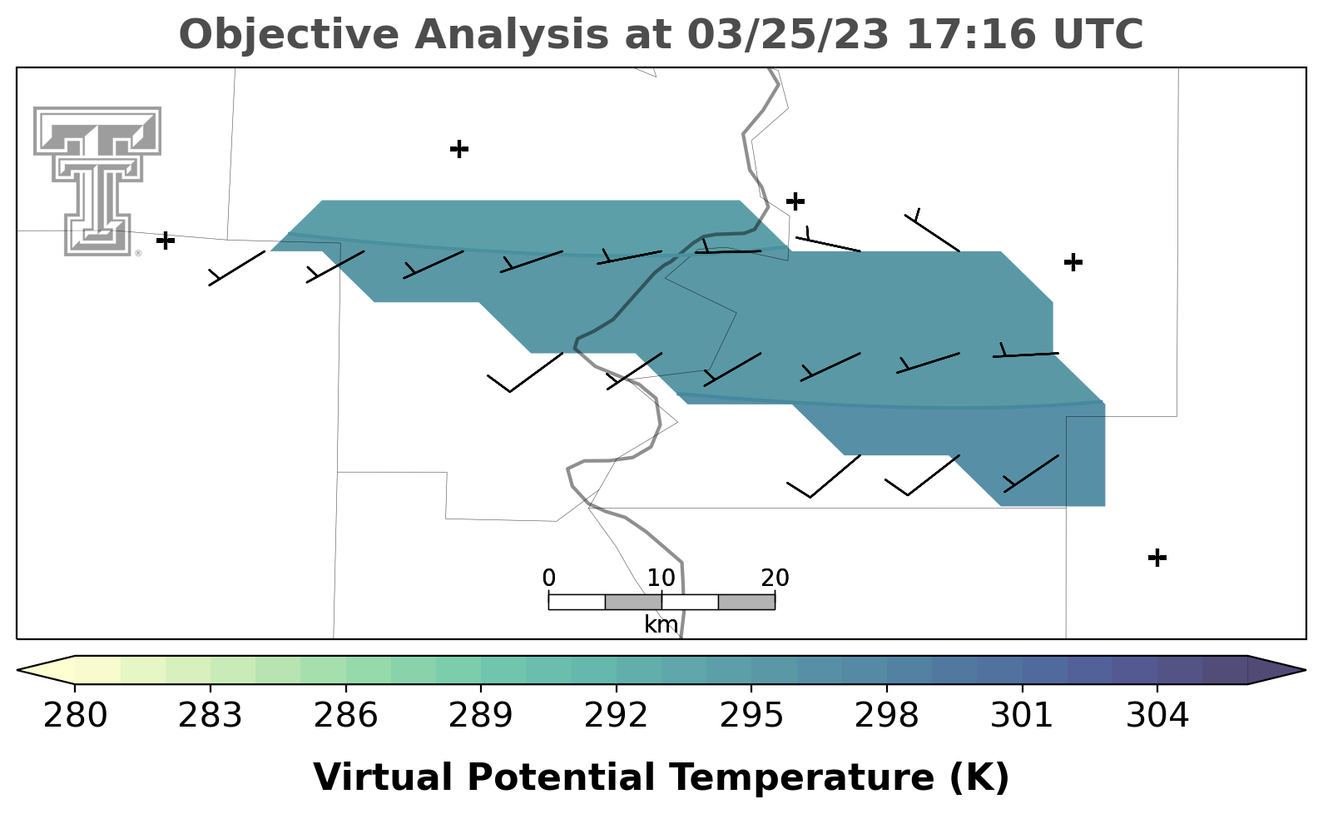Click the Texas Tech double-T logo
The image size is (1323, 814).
(97, 181)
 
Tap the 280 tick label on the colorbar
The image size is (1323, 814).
(75, 715)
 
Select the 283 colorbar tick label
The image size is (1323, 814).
(211, 715)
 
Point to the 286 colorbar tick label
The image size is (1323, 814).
(345, 715)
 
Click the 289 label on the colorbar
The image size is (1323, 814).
(481, 715)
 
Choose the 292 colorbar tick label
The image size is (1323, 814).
(616, 715)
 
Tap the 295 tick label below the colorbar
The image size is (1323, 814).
(751, 715)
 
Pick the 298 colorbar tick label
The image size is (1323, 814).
(886, 715)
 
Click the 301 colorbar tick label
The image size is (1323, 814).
(1022, 715)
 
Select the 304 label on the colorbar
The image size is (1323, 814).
(1157, 715)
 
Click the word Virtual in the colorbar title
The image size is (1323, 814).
(383, 777)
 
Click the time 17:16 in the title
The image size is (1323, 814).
(971, 34)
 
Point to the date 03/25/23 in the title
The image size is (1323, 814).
(788, 34)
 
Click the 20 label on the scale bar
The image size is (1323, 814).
(775, 578)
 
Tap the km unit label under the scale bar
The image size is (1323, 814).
(661, 623)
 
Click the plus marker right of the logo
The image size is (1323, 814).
(166, 241)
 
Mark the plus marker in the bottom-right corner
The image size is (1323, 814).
(1157, 558)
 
